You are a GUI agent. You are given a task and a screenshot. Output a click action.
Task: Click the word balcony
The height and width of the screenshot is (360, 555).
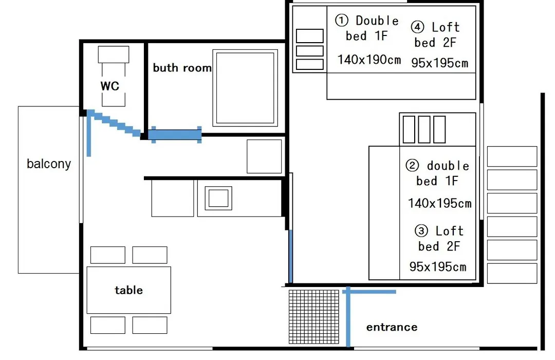(x=49, y=164)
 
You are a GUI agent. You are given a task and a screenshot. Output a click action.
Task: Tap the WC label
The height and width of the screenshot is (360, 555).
(x=110, y=86)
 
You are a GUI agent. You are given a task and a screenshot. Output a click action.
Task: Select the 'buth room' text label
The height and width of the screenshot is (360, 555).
(x=182, y=68)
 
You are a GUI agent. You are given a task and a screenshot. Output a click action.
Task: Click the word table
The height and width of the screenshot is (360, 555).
(x=129, y=290)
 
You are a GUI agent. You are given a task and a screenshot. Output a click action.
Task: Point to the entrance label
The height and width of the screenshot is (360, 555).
(x=392, y=327)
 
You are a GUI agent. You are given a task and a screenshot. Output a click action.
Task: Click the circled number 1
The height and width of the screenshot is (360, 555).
(x=342, y=20)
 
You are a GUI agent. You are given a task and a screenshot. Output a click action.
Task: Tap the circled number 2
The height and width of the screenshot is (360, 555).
(x=412, y=165)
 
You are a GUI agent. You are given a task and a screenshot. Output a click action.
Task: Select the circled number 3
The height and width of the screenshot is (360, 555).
(x=421, y=231)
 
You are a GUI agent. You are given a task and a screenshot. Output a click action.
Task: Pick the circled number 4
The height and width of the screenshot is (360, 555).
(x=417, y=27)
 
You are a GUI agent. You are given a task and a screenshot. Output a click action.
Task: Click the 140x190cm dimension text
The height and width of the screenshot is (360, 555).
(x=369, y=60)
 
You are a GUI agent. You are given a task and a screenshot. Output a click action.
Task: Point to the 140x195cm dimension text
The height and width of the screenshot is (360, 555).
(x=439, y=203)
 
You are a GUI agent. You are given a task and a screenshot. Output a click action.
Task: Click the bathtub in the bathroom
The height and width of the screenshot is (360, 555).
(x=245, y=88)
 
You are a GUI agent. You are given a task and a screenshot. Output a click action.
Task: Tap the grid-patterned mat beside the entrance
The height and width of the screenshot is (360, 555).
(x=314, y=317)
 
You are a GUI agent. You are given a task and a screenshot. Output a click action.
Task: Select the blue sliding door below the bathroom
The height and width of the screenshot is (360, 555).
(x=175, y=135)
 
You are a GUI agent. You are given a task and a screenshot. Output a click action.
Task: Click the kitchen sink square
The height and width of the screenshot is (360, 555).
(x=218, y=198)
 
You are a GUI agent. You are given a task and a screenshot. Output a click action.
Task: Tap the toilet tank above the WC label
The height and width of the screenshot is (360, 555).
(x=114, y=55)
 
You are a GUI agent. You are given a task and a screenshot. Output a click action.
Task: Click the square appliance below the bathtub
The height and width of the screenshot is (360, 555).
(x=265, y=156)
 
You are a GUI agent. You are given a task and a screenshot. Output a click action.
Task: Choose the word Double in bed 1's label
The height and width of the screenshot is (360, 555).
(x=377, y=21)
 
